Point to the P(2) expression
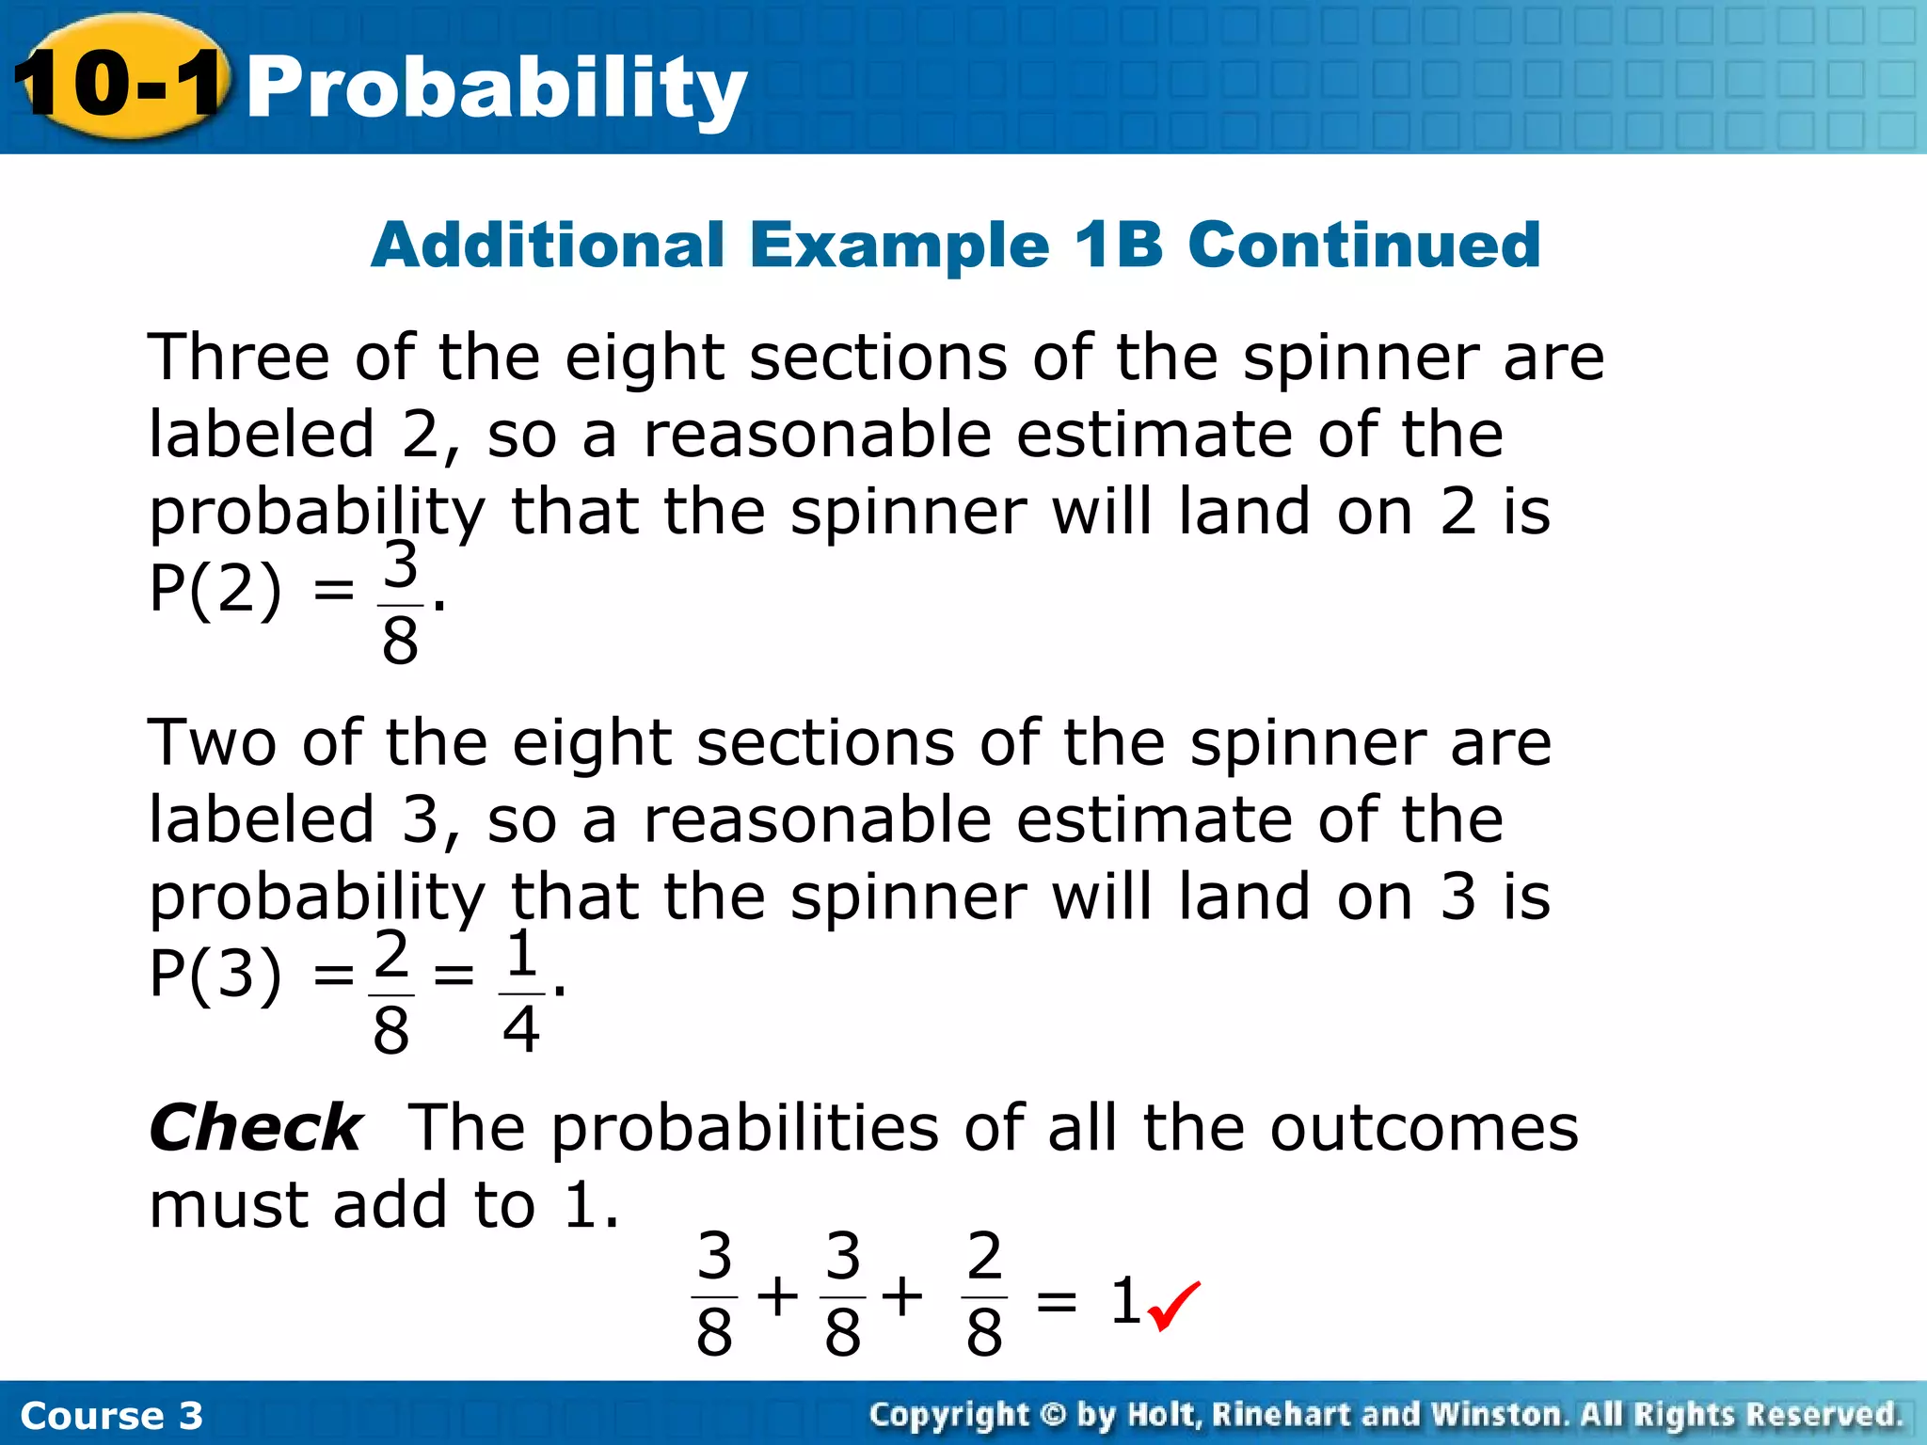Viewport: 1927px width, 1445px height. tap(215, 591)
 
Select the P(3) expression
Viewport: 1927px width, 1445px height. tap(215, 975)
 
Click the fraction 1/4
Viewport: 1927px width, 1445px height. tap(521, 992)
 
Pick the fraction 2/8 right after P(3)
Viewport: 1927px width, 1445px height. tap(391, 992)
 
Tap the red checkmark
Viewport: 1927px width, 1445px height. tap(1173, 1306)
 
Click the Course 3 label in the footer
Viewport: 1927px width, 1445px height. tap(111, 1416)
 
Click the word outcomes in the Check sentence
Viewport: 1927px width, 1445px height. tap(1424, 1128)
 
